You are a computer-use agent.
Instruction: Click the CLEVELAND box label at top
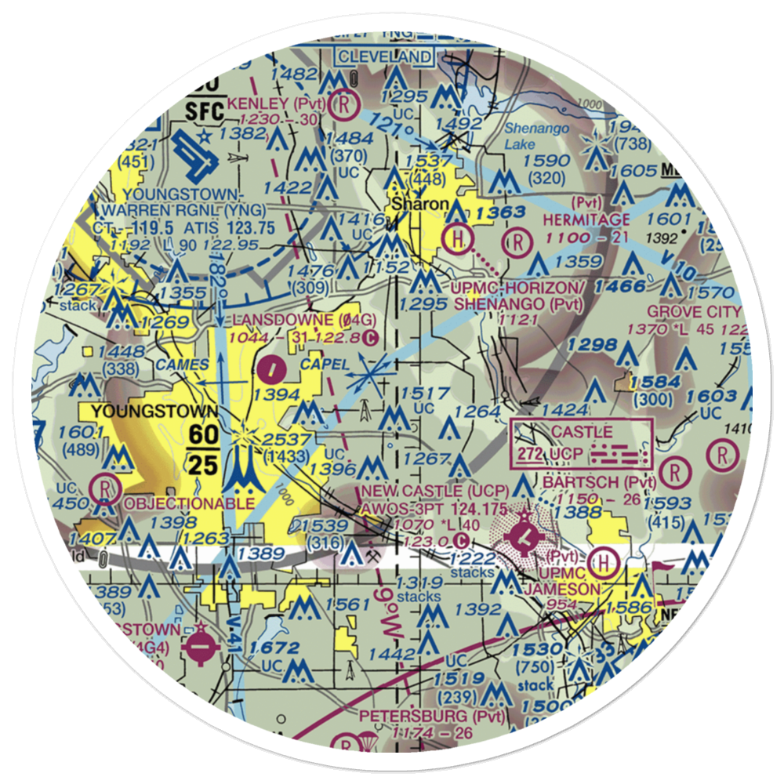pos(384,56)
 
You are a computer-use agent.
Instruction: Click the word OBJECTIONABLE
pos(189,503)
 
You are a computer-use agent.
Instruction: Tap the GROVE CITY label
pos(694,312)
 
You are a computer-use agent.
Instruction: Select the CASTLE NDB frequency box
pos(581,443)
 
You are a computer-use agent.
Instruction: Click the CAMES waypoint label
pos(182,365)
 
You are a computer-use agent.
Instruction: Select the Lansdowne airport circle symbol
pos(271,365)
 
